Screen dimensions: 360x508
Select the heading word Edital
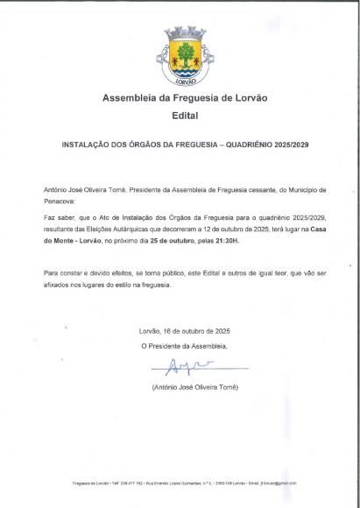[x=184, y=115]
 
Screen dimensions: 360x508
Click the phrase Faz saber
[x=58, y=216]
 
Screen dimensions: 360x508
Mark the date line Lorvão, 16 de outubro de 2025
[x=184, y=330]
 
